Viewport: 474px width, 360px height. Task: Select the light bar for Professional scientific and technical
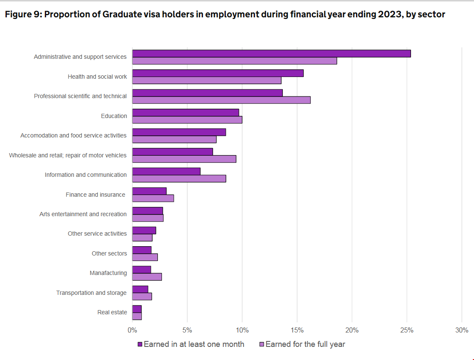(221, 100)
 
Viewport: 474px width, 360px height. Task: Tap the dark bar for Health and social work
(218, 73)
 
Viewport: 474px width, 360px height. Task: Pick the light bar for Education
(187, 120)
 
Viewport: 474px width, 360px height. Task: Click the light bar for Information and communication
(179, 179)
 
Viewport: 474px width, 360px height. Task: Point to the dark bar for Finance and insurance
(149, 191)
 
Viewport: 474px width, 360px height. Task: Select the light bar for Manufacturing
(147, 277)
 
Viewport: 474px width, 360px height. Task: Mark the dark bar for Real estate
(137, 309)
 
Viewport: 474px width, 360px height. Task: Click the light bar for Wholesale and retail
(184, 159)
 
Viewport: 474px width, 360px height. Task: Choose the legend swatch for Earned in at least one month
(140, 344)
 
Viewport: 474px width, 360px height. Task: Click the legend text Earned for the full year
(305, 344)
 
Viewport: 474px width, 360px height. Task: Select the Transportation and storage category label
(91, 293)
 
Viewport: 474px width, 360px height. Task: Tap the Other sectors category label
(109, 253)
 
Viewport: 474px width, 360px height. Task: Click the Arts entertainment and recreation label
(83, 214)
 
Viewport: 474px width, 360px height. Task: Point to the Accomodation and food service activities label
(73, 135)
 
